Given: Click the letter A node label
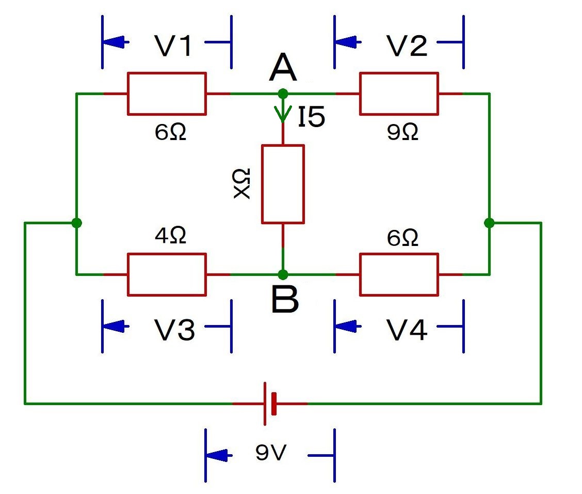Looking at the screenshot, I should point(283,69).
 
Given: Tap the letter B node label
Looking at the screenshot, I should point(285,301).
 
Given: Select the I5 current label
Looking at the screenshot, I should point(311,118).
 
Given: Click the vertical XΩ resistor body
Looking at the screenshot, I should point(283,184).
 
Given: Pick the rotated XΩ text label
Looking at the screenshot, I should point(241,183).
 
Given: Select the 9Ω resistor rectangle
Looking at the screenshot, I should point(399,94).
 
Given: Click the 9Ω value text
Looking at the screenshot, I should point(402,133).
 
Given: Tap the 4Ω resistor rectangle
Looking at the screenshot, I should point(167,274).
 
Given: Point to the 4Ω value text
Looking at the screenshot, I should point(170,236).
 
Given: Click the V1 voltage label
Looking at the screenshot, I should point(174,47).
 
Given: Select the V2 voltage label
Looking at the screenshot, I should point(406,47).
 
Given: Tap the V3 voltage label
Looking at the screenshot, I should point(175,330).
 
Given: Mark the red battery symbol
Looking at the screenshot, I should point(270,403).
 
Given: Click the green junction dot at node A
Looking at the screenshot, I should point(283,94).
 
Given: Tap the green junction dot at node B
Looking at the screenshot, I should point(283,274).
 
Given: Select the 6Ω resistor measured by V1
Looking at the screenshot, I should point(167,94).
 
